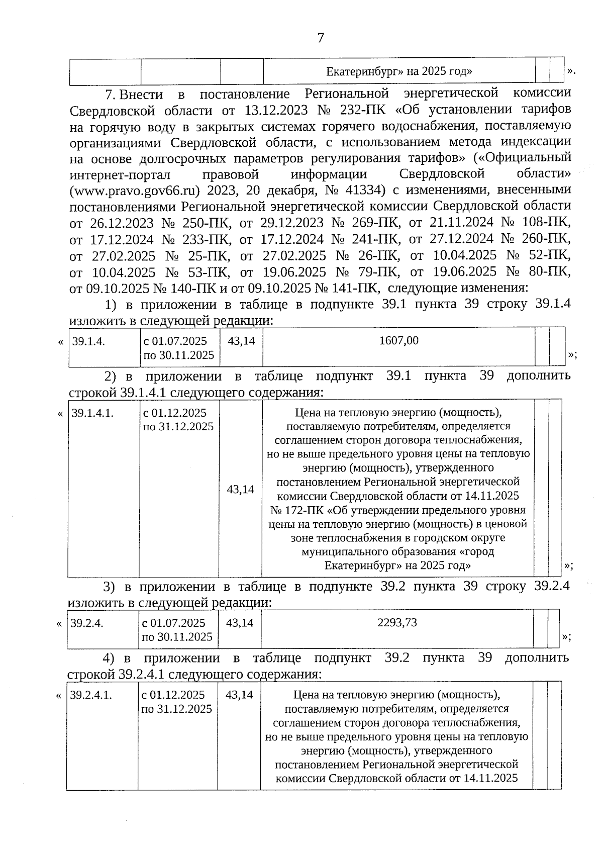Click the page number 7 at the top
(321, 38)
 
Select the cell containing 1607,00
(398, 341)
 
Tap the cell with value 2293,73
(397, 623)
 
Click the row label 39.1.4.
(88, 341)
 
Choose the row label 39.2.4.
(87, 623)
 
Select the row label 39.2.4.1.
(91, 695)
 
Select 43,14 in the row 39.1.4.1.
(241, 489)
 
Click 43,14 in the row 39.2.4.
(240, 623)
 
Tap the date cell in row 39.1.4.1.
(179, 420)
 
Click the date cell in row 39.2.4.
(177, 630)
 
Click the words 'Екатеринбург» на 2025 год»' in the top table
(399, 71)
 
